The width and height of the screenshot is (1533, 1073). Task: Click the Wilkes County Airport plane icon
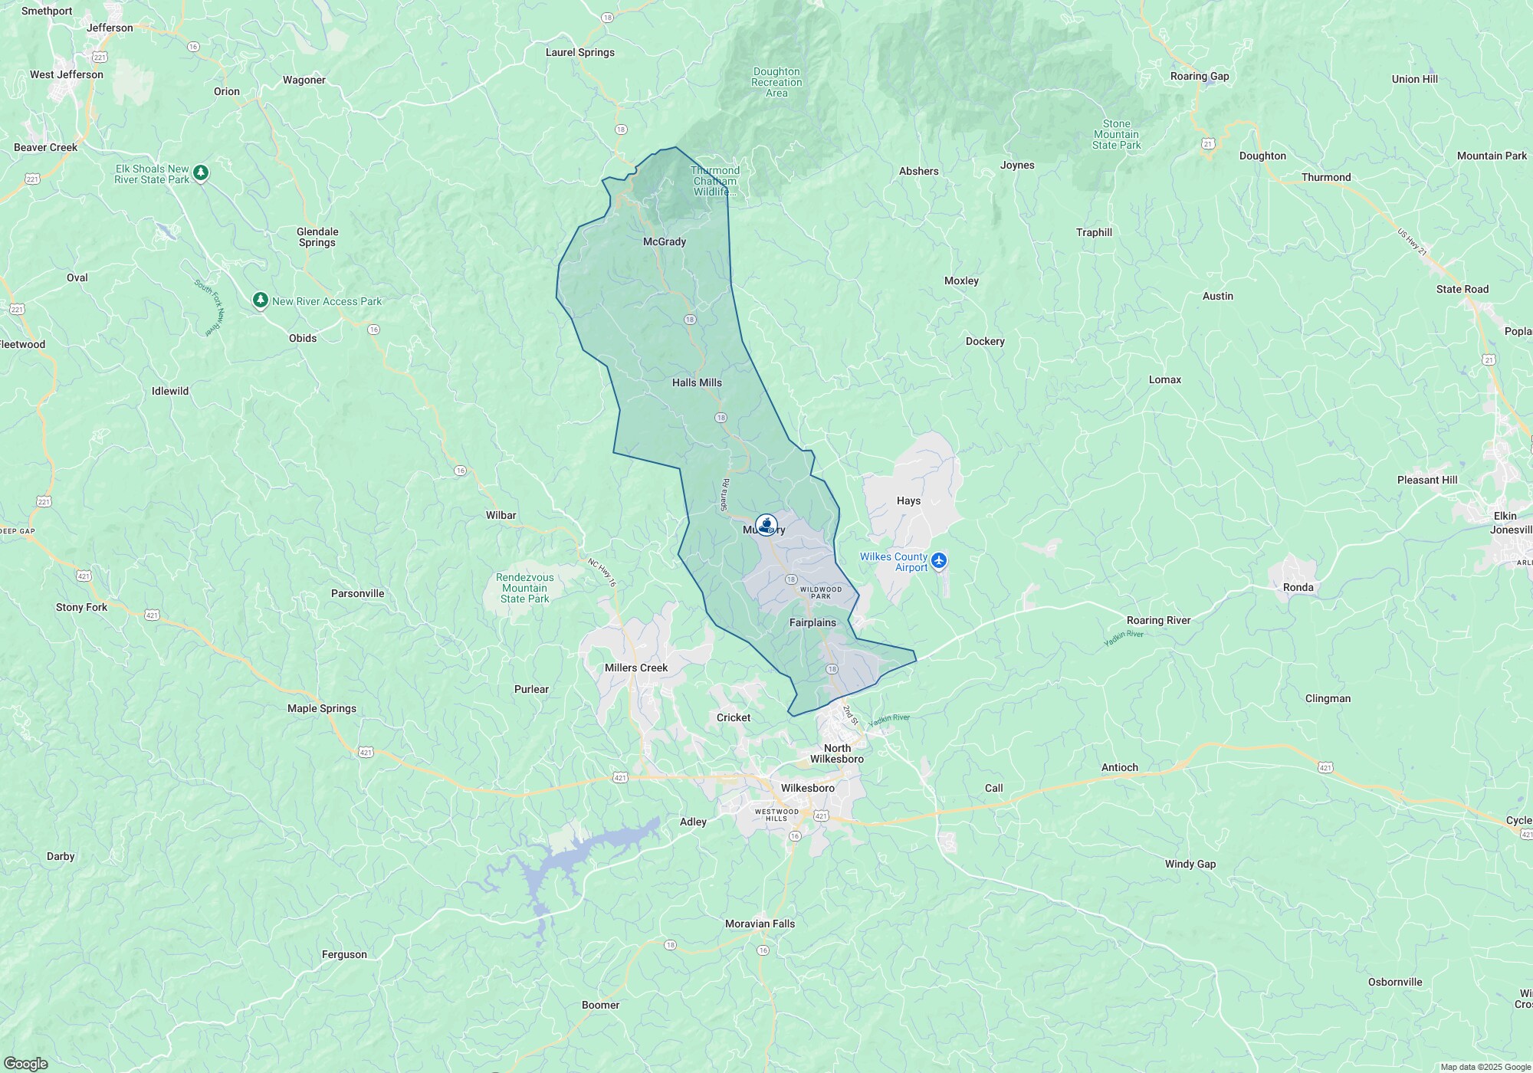click(940, 562)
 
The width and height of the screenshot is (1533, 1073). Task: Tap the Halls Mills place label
click(697, 382)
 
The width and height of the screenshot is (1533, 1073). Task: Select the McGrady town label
click(664, 241)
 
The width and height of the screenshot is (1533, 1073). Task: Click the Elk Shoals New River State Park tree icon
click(201, 173)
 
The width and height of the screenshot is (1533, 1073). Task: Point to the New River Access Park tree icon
click(261, 300)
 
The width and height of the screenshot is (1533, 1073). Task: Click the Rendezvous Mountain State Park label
click(524, 588)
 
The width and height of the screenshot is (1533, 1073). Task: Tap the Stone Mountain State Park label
click(1116, 134)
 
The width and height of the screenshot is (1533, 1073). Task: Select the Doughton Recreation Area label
click(776, 82)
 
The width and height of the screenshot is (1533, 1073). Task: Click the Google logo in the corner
click(25, 1063)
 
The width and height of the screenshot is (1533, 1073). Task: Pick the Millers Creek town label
click(635, 668)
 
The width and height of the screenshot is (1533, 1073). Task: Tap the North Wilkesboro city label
click(837, 753)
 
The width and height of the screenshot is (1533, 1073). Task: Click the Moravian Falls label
click(760, 924)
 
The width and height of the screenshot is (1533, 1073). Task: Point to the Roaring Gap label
click(1199, 76)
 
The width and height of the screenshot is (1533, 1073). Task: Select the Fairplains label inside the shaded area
click(812, 622)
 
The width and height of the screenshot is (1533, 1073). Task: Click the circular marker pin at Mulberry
click(766, 525)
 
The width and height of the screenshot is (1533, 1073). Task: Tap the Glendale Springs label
click(317, 237)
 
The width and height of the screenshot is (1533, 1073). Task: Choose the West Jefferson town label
click(67, 74)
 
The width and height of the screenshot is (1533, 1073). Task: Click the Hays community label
click(908, 500)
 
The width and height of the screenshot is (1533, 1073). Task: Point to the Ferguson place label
click(344, 954)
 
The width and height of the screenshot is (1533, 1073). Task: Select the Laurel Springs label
click(579, 52)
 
